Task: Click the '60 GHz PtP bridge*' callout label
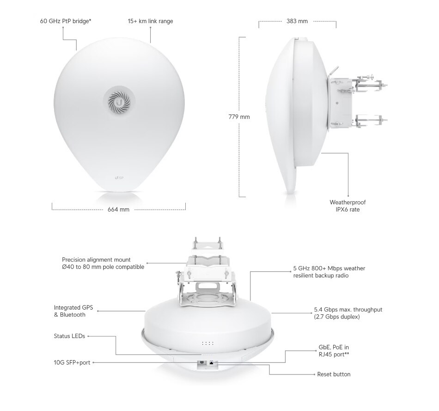tap(66, 21)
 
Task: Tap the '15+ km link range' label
tap(150, 21)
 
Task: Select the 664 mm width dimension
tap(118, 209)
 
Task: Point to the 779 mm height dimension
tap(239, 117)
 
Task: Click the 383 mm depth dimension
tap(297, 21)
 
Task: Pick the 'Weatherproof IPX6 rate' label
tap(348, 206)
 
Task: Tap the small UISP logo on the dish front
tap(119, 178)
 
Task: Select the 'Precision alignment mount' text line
tap(96, 260)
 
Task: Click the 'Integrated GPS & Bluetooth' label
tap(73, 311)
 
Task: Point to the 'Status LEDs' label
tap(69, 336)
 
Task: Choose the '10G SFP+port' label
tap(72, 362)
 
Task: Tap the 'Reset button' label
tap(334, 374)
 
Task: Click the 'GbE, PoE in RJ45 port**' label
tap(334, 351)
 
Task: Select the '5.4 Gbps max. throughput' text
tap(348, 310)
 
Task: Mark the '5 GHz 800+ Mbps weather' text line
tap(329, 268)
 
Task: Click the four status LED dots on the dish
tap(207, 343)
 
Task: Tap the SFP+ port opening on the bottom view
tap(201, 363)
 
